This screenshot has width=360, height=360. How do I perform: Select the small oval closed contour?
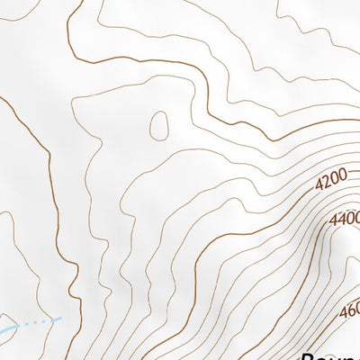159,125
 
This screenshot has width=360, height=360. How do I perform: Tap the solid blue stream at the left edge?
5,333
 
